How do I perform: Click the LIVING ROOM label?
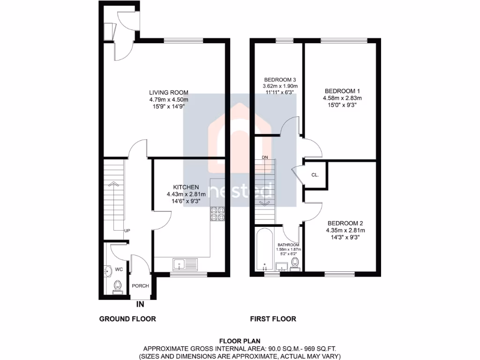tap(169, 92)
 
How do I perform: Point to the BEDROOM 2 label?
tap(345, 223)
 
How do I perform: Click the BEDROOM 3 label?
tap(280, 79)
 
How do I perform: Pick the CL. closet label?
tap(315, 175)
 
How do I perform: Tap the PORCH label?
tap(140, 286)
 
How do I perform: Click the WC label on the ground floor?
tap(119, 270)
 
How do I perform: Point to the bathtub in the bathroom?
tap(265, 250)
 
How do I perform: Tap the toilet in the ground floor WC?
tap(118, 286)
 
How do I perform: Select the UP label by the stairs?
tap(127, 231)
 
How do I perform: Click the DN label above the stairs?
tap(265, 157)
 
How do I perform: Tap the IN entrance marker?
tap(140, 305)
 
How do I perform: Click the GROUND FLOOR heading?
tap(127, 319)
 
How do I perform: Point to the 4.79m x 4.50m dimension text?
tap(169, 99)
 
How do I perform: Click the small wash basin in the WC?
tap(107, 270)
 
